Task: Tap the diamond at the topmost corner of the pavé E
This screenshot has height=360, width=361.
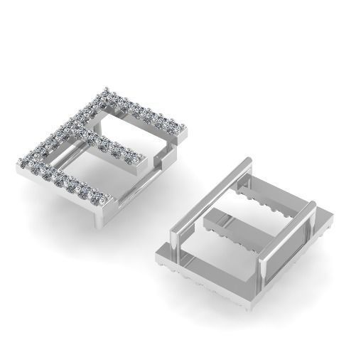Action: point(107,90)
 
